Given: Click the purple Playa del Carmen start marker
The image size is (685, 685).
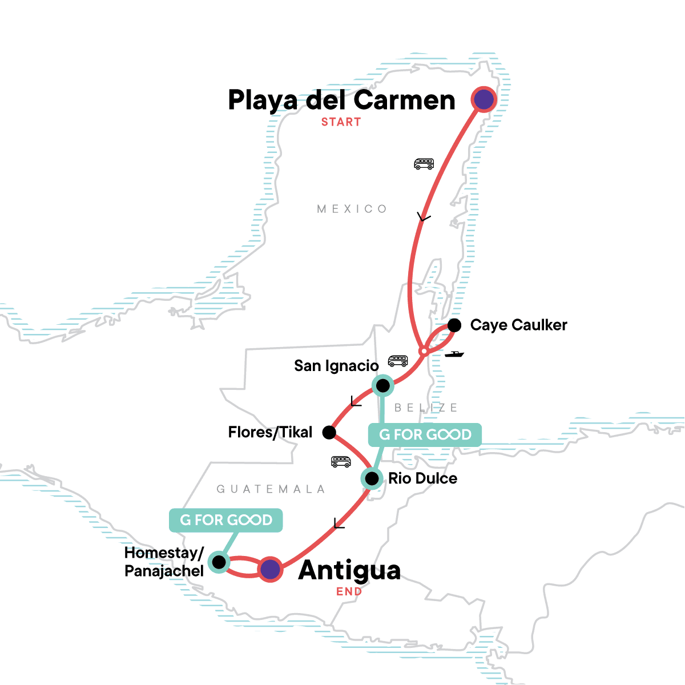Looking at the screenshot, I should pos(484,100).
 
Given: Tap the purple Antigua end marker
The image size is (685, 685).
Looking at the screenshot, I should pos(270,569).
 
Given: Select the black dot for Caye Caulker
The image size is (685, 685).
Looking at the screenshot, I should pos(454,325).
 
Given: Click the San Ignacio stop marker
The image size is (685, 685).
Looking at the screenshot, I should pos(382,385).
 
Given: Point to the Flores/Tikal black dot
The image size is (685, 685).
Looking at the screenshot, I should pos(329,432).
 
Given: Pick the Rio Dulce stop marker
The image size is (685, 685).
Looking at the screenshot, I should pos(372,478).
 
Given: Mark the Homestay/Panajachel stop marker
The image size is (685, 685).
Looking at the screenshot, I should pos(219,562).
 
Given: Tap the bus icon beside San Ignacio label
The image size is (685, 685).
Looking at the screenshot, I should pos(398,361).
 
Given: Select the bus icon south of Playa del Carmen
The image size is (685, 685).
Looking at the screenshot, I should pos(424,164).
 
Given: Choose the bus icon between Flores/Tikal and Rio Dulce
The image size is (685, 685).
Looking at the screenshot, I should pos(341,461).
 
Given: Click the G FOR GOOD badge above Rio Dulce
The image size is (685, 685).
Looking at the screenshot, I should pos(425,435).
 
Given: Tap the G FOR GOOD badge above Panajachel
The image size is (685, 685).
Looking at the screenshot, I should pos(226,520).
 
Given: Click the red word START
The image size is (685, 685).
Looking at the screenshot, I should pos(341,122).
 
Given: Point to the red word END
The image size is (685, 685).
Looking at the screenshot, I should pos(349,591).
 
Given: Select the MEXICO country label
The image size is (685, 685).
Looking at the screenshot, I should pos(352,209).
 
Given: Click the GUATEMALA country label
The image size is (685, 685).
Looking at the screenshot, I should pos(271,489).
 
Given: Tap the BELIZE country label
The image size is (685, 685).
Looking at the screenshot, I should pos(426,408).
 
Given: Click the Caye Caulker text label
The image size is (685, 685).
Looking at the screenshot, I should pos(518,325).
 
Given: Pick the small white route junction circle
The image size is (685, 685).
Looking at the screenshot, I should pos(423,350).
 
